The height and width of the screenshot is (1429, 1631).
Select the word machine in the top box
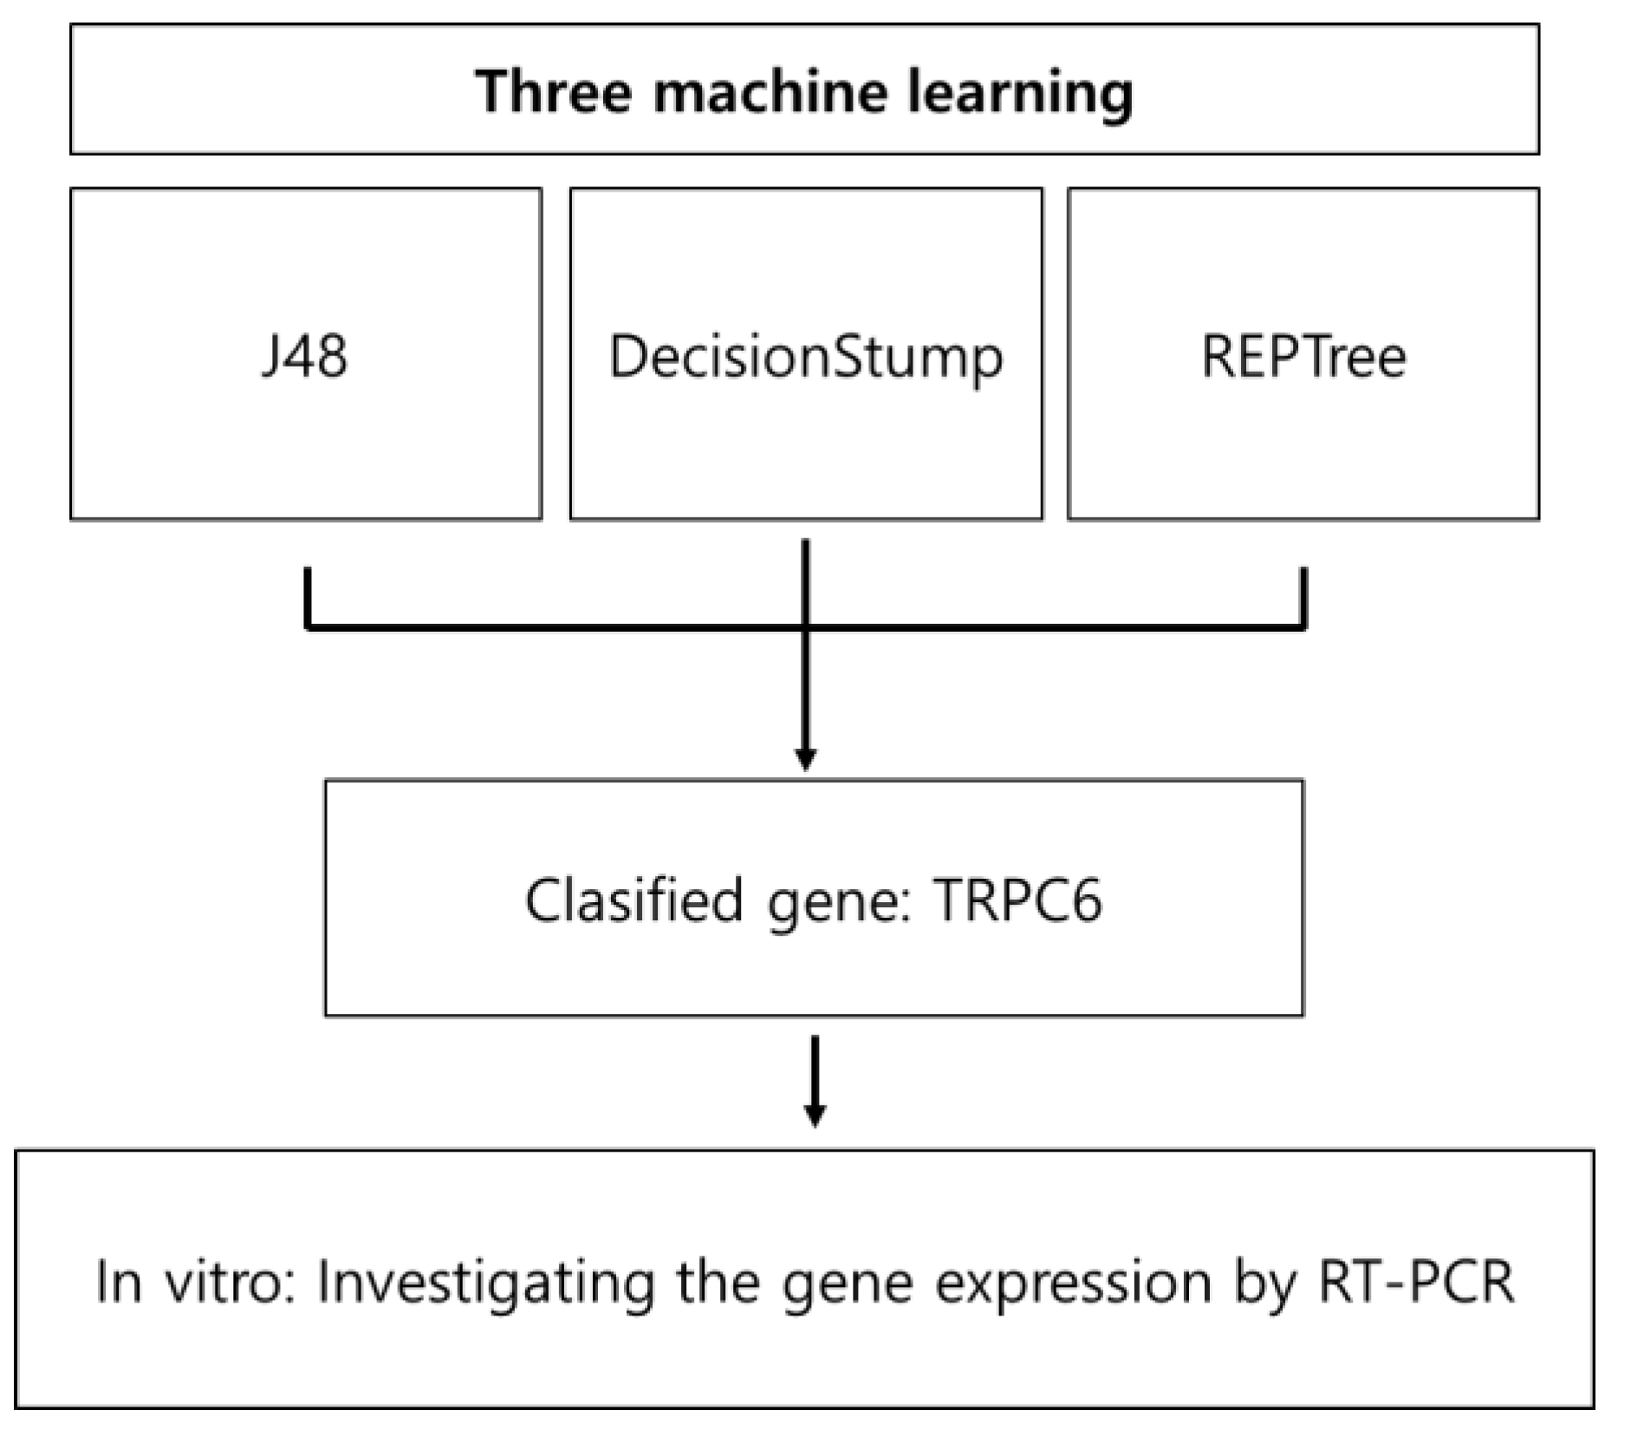coord(770,91)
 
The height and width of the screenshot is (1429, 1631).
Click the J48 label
coord(304,355)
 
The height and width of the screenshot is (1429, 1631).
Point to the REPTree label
coord(1303,355)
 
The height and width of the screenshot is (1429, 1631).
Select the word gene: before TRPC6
coord(838,901)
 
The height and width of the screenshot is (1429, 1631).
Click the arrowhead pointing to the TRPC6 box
coord(805,758)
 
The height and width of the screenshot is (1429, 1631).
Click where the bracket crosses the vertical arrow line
coord(806,625)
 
